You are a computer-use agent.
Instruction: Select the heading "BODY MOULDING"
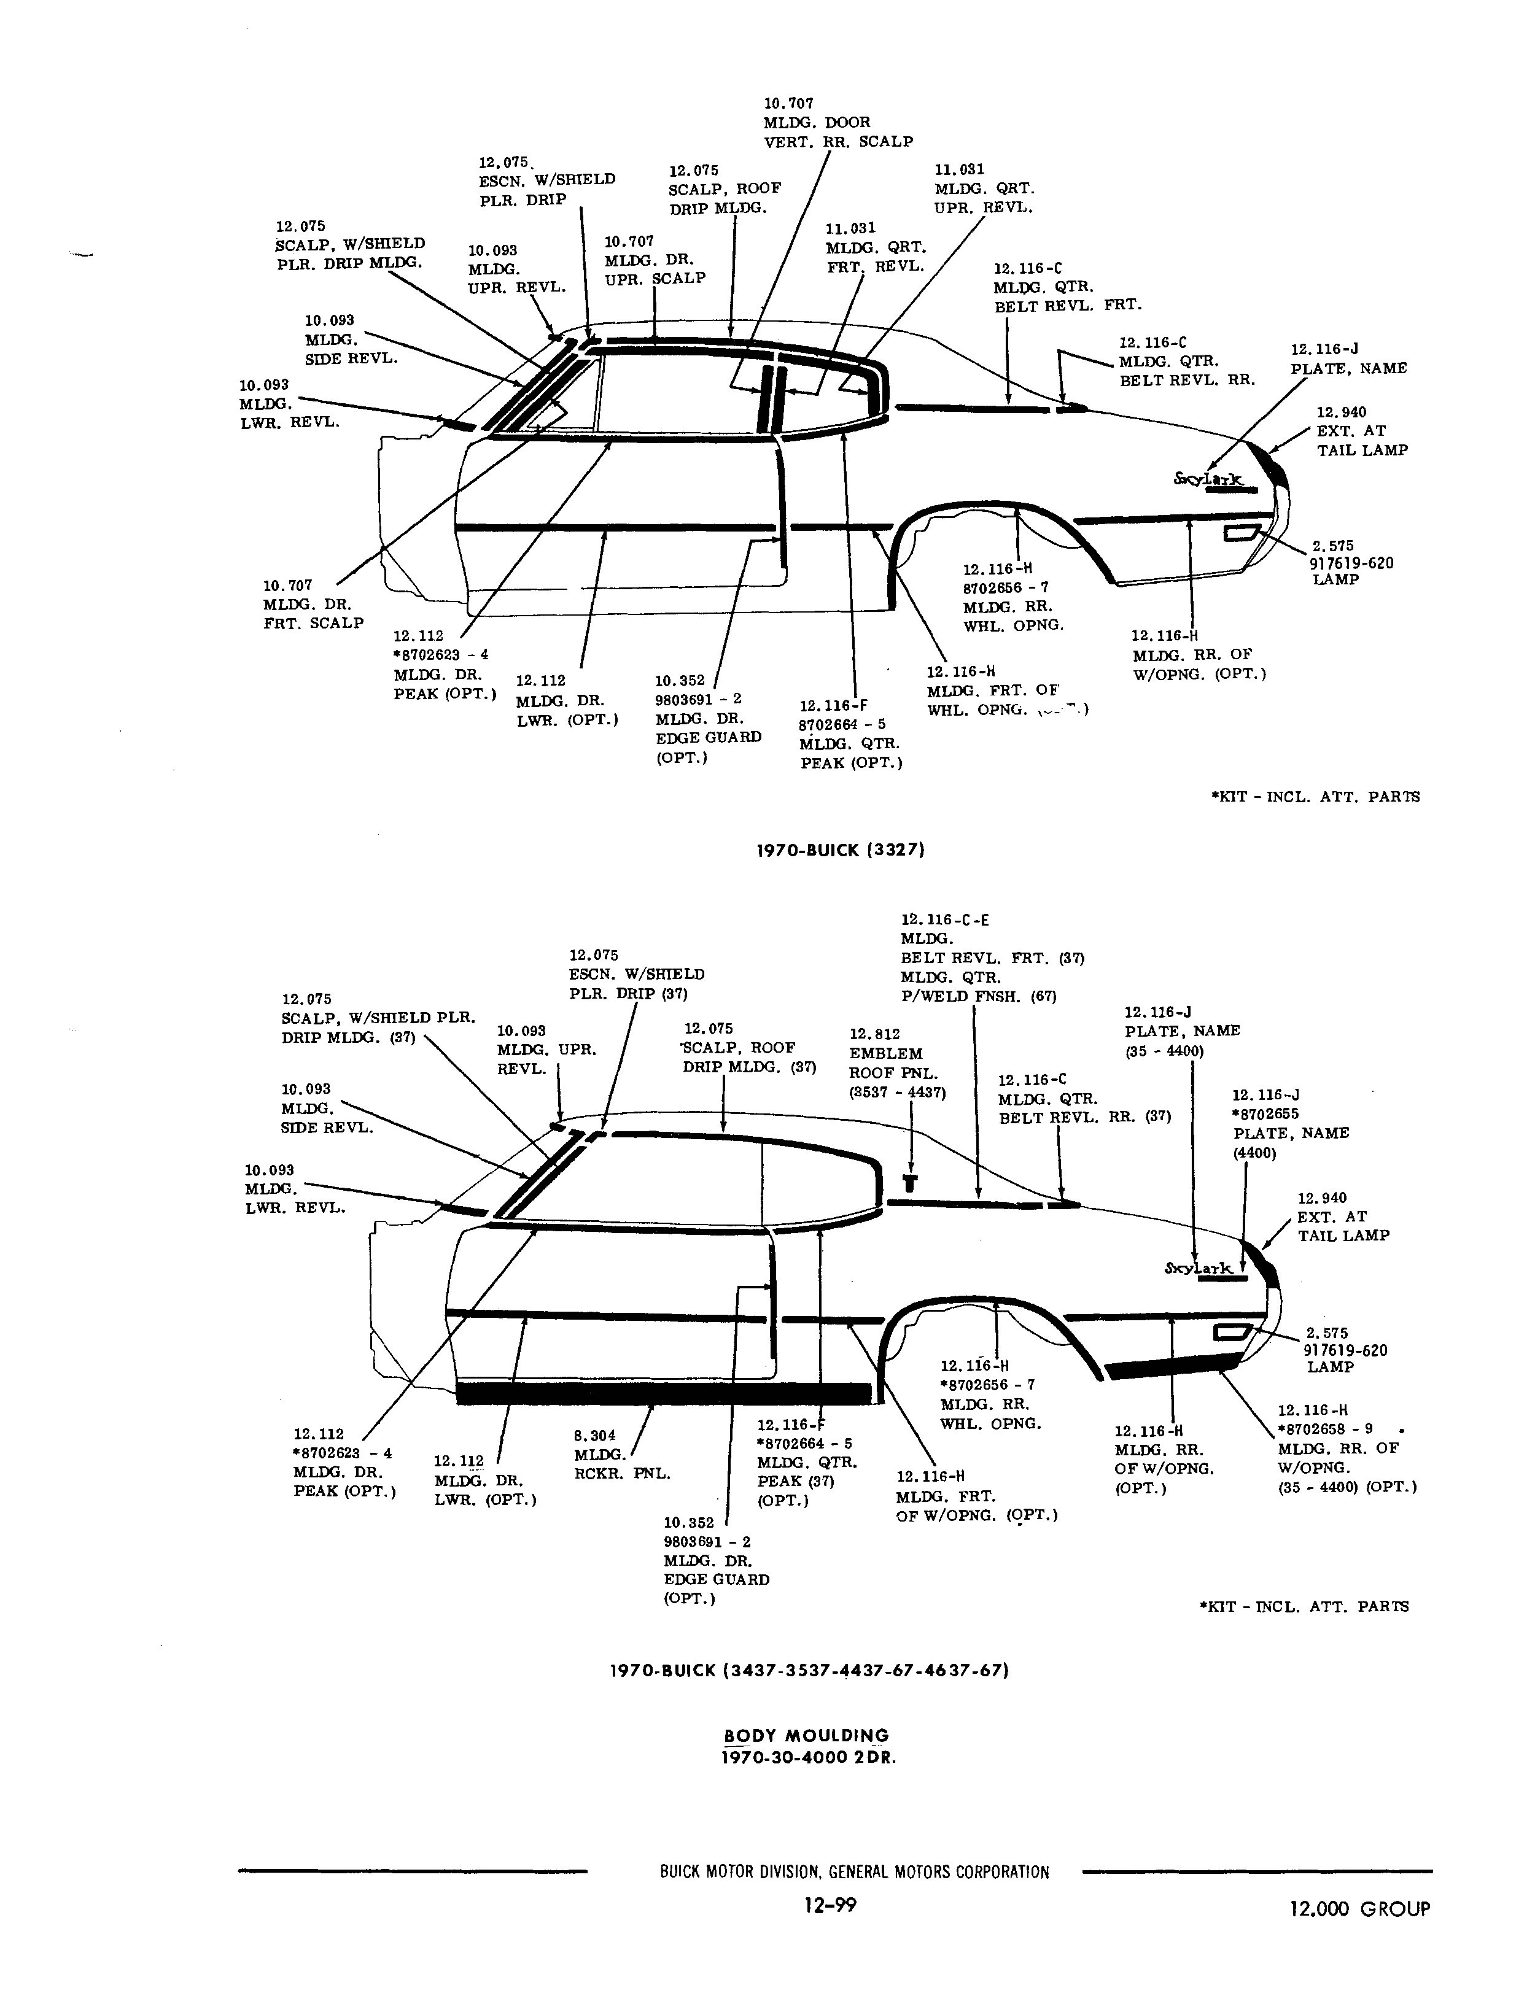(806, 1736)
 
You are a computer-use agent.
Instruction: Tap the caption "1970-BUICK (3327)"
(841, 849)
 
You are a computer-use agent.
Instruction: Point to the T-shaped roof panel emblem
(910, 1183)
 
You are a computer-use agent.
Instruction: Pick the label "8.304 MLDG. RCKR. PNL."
(621, 1454)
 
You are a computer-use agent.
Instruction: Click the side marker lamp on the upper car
(1242, 532)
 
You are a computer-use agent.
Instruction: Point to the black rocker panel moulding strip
(664, 1393)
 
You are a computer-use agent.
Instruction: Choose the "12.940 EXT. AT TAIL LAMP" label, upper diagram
(1361, 431)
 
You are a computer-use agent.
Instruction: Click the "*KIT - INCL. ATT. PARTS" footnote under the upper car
(1316, 797)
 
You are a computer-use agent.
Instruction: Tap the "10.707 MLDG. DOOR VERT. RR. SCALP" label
(838, 122)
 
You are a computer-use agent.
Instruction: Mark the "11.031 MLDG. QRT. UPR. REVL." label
(984, 188)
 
